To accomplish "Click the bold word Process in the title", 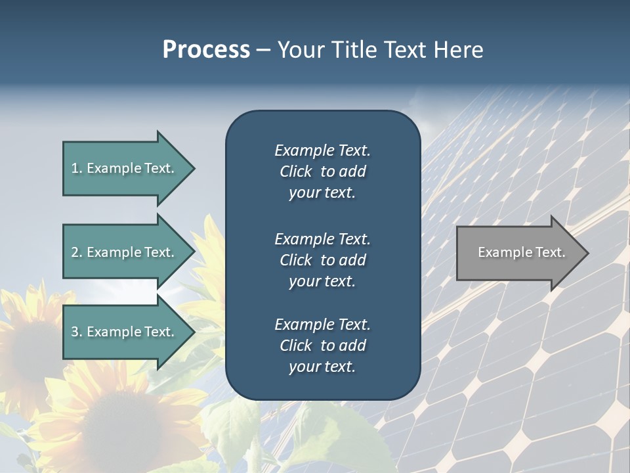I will (x=206, y=50).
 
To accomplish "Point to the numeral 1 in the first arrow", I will (x=75, y=168).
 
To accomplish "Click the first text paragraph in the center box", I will (x=322, y=171).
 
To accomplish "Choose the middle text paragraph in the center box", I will (x=322, y=259).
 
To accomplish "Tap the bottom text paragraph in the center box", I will (x=322, y=346).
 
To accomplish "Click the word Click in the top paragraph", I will (x=295, y=171).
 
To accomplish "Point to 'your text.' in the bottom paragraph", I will (x=322, y=367).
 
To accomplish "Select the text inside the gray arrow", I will (x=521, y=252).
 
